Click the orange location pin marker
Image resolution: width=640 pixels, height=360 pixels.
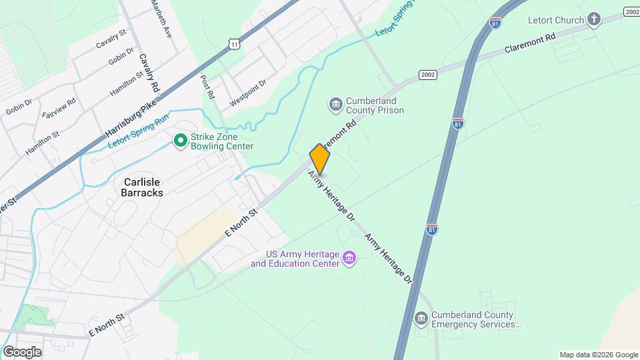pos(320,159)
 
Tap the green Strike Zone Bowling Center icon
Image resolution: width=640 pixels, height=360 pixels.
pos(179,141)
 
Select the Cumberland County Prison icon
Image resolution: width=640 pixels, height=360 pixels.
pos(335,105)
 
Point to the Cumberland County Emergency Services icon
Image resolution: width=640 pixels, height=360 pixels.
pos(421,319)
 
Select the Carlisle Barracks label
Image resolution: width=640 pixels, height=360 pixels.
pos(143,187)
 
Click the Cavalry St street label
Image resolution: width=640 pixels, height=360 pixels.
pos(111,39)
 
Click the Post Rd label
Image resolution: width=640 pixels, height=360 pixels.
pos(207,87)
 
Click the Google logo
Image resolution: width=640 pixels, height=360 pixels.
pos(22,352)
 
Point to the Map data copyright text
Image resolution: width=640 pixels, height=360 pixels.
pos(599,355)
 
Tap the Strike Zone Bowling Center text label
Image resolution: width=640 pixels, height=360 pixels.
pos(221,141)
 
